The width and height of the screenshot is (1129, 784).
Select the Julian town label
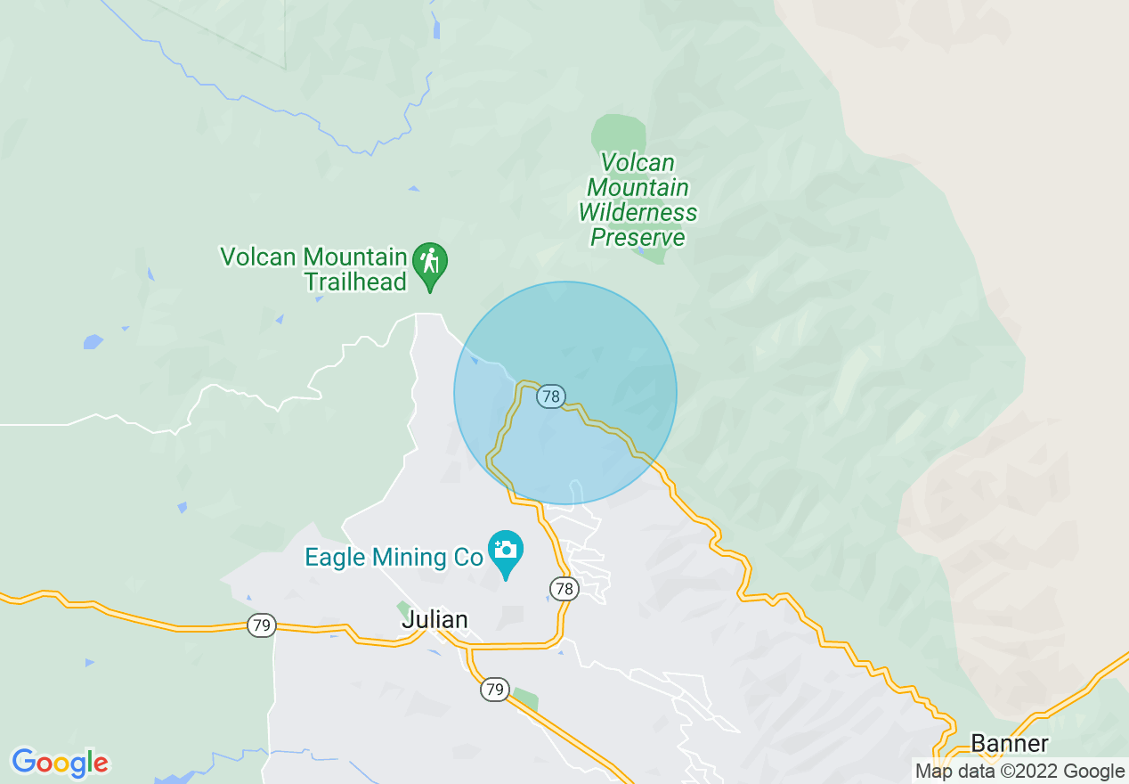(435, 619)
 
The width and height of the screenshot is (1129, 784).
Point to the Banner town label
(1010, 743)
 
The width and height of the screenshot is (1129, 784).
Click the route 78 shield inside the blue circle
(552, 396)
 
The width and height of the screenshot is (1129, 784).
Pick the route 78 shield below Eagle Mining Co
(563, 588)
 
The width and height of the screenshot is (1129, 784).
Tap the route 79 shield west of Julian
(261, 626)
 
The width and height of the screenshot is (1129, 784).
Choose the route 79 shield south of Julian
(495, 689)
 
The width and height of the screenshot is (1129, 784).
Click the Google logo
(60, 763)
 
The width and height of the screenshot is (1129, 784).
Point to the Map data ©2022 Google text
(1020, 772)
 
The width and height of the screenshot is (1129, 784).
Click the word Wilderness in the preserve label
(638, 213)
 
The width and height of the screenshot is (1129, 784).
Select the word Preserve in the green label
(638, 238)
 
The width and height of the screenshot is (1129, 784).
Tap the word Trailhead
(355, 282)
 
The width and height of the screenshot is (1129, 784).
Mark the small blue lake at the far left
(93, 341)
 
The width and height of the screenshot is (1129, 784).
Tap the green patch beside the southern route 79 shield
(524, 698)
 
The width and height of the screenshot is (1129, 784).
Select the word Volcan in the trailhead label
(259, 257)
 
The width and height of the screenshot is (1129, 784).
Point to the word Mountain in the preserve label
(638, 188)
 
